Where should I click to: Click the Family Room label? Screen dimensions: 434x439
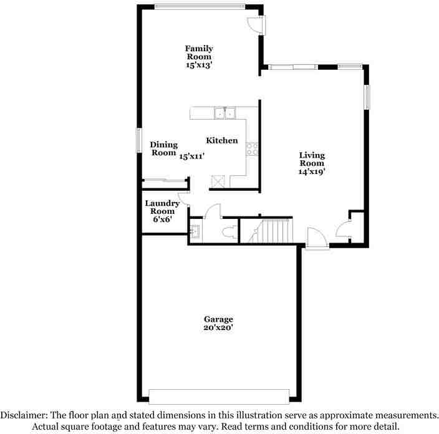[x=199, y=52]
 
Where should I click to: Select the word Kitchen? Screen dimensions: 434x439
[x=221, y=140]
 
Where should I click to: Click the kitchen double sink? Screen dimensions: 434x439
[x=224, y=113]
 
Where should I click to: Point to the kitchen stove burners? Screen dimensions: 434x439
[x=253, y=148]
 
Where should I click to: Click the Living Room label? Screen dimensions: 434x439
[x=312, y=159]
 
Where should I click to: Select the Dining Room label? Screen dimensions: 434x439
[x=164, y=148]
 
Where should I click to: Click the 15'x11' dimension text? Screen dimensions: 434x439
[x=192, y=157]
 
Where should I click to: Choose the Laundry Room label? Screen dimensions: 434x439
[x=162, y=207]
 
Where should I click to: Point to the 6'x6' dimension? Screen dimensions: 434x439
[x=162, y=220]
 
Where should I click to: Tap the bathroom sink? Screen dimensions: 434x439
[x=195, y=231]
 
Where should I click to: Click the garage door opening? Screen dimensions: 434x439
[x=219, y=396]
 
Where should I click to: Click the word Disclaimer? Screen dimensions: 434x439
[x=28, y=415]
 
